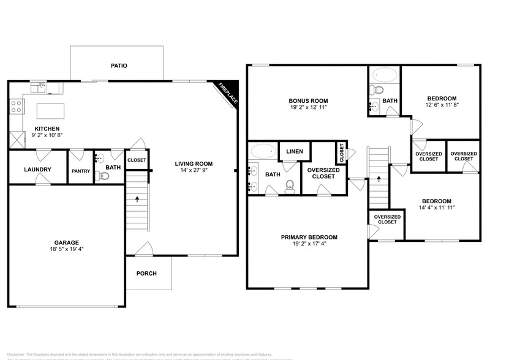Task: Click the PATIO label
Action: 119,66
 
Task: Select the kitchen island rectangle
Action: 50,111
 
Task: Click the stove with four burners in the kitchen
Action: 17,107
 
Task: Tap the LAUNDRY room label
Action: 37,170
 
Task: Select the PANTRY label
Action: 81,171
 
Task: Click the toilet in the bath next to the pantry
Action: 104,176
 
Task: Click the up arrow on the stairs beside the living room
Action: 137,198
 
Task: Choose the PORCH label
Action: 146,273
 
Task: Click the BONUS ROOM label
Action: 309,101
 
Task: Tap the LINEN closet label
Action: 295,151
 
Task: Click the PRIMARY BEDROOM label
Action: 309,237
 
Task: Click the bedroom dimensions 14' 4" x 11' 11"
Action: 436,208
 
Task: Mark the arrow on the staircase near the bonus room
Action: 379,179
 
